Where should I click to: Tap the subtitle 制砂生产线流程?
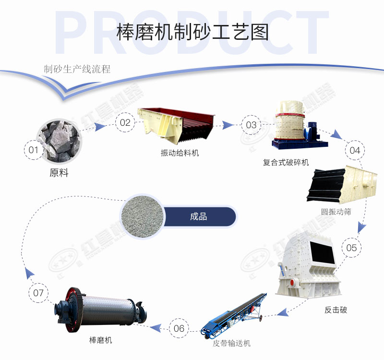point(77,69)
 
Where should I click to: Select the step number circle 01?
point(33,150)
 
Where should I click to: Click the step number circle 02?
point(125,122)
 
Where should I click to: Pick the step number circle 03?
point(251,125)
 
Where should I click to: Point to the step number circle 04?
point(355,150)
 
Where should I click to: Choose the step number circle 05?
point(351,248)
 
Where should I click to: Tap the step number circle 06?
point(179,328)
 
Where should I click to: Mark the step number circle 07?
point(39,292)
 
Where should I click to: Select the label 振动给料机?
point(180,153)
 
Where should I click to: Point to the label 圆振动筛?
point(336,212)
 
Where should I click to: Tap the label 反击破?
point(336,310)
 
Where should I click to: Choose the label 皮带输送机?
point(232,343)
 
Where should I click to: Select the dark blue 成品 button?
point(199,216)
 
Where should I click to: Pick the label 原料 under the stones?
point(59,173)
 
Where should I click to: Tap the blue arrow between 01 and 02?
point(99,127)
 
